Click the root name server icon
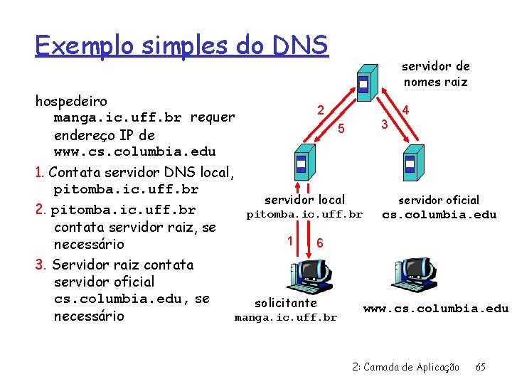(364, 84)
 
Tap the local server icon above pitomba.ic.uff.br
(302, 163)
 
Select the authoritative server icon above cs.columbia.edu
(410, 163)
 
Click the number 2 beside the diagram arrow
(321, 110)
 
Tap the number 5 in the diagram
(341, 129)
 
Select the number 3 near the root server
(384, 125)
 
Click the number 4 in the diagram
(405, 110)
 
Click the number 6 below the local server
(320, 242)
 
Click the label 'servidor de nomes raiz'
(436, 74)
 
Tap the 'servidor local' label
(304, 200)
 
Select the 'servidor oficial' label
(439, 201)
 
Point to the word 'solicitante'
(286, 303)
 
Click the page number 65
(481, 367)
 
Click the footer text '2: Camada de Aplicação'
(406, 367)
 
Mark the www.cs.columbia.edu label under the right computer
(436, 309)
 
